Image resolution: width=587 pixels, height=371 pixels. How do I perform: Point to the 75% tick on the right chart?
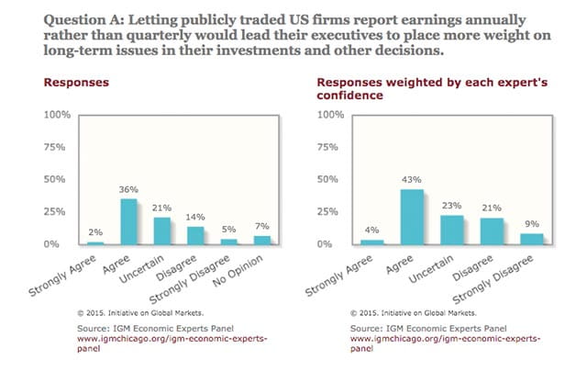tap(330, 147)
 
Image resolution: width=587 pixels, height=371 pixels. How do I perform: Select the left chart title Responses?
tap(77, 81)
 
